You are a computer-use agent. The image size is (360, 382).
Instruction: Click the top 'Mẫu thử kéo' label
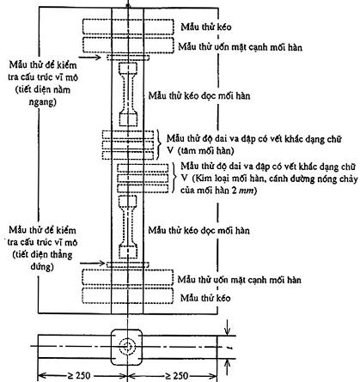pos(206,27)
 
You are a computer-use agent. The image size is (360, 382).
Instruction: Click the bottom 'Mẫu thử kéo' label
pos(205,298)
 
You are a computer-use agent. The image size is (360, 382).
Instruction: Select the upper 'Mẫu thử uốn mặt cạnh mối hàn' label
pos(240,46)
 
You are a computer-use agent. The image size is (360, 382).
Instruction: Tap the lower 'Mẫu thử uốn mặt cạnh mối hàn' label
pos(240,279)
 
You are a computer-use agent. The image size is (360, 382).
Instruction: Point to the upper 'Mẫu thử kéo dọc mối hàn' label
pos(199,95)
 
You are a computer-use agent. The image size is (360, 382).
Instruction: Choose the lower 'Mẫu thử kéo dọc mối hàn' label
pos(198,230)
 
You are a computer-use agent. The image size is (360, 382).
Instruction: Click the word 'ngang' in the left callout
pos(42,102)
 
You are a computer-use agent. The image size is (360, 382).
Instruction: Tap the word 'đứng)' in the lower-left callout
pos(42,267)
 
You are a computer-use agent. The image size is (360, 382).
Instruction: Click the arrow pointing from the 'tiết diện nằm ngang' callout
pos(89,58)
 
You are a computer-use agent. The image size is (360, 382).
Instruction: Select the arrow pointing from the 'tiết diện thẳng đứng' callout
pos(92,263)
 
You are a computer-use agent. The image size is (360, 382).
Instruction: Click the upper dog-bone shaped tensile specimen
pos(128,94)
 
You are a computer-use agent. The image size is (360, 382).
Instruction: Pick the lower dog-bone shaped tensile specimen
pos(128,227)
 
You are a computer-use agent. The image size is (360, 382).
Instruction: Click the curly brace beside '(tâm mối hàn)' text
pos(159,144)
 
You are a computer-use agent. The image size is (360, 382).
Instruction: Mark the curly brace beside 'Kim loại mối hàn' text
pos(174,178)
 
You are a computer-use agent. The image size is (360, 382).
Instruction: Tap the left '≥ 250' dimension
pos(79,375)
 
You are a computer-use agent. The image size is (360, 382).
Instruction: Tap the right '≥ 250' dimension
pos(177,375)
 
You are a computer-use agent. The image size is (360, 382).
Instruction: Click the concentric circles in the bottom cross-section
pos(127,347)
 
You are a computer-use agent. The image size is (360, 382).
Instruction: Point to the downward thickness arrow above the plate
pos(227,327)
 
